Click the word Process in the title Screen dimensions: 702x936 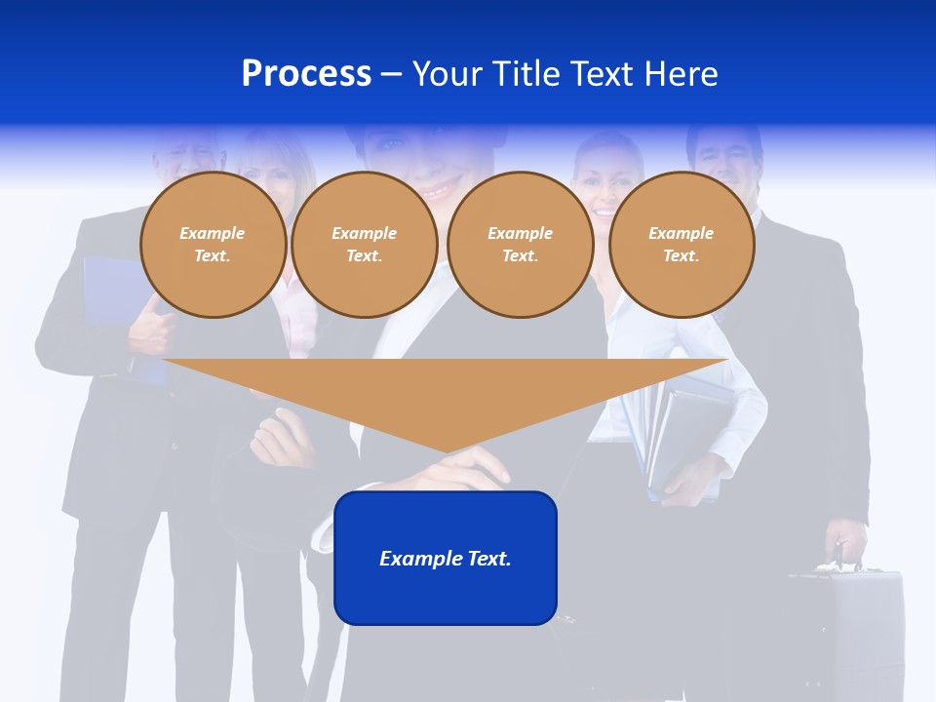(x=306, y=73)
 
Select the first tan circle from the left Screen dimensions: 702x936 (x=213, y=244)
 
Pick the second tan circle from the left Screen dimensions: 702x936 (x=364, y=244)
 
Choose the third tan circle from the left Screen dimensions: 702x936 (x=520, y=244)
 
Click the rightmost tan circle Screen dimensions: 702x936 (x=681, y=244)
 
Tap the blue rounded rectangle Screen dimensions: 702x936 (x=446, y=595)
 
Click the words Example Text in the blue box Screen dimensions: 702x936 (x=446, y=559)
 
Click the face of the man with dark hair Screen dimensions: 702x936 (x=723, y=161)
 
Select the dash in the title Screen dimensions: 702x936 (x=391, y=73)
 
